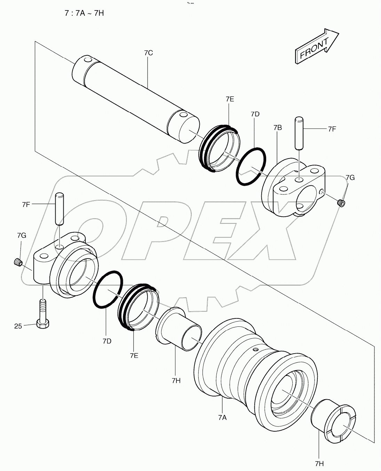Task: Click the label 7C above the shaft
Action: [x=148, y=53]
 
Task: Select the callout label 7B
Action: [x=277, y=128]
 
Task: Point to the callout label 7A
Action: [x=222, y=417]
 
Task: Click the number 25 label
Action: [x=18, y=326]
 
